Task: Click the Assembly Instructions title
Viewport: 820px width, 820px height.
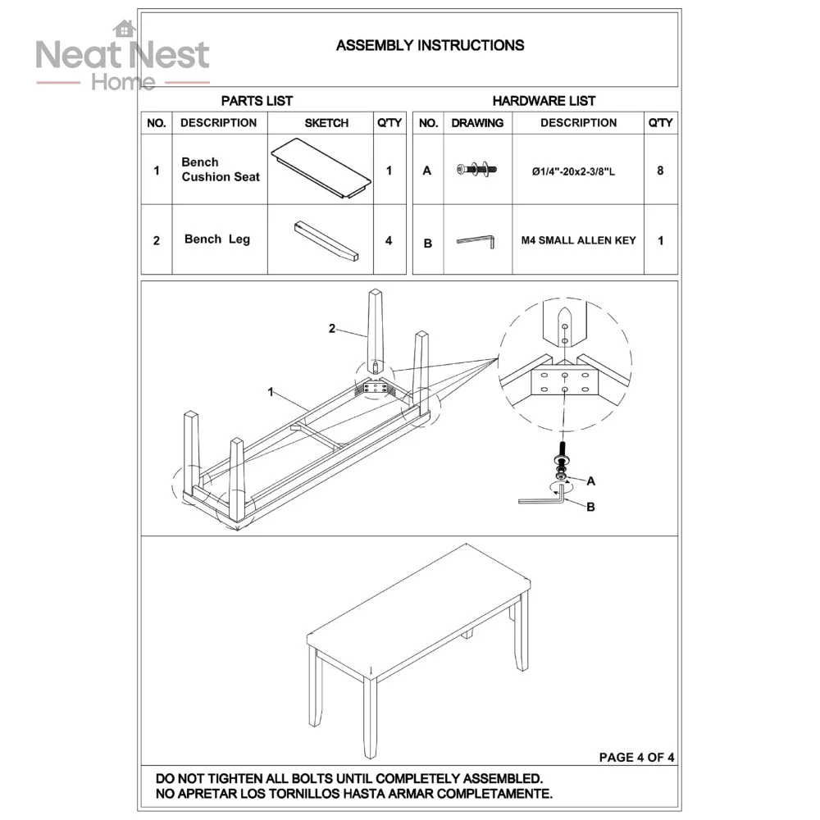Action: [430, 45]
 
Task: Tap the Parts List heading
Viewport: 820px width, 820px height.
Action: [257, 101]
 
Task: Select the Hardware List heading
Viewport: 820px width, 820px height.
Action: [544, 101]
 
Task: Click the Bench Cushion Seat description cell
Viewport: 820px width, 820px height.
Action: [220, 170]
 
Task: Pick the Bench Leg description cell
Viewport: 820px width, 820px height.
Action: [216, 239]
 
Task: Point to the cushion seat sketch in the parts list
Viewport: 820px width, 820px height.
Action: [321, 169]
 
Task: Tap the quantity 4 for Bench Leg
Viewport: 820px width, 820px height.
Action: [389, 240]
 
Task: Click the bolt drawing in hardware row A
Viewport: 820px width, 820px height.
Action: [478, 170]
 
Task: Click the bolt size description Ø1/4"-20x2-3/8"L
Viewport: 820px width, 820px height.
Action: [578, 171]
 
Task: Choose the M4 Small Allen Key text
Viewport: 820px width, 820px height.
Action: [578, 241]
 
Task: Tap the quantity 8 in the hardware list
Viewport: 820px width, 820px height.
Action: [660, 171]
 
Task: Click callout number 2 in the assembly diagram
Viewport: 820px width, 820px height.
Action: [332, 329]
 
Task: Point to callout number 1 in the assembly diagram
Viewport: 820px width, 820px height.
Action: [270, 392]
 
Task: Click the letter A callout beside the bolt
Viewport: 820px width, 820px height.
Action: [591, 481]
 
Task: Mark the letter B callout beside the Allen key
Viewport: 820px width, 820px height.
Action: [590, 508]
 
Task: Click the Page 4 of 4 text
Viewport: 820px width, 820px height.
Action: [636, 757]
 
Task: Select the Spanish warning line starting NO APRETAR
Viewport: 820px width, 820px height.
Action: [354, 794]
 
